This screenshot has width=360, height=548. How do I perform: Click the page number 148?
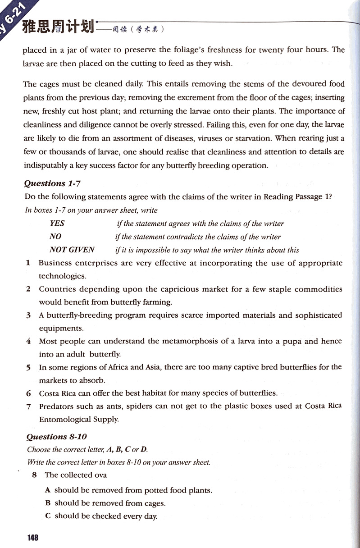point(32,537)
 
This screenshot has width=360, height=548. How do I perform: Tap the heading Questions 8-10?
point(56,436)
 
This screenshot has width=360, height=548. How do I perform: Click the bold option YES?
point(57,224)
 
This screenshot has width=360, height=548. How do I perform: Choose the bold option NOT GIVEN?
point(72,250)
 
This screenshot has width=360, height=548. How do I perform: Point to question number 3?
point(28,315)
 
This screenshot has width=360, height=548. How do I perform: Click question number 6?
point(28,393)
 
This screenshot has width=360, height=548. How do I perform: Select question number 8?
point(34,475)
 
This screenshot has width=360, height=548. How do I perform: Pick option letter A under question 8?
point(47,490)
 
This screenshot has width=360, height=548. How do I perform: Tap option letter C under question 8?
point(48,516)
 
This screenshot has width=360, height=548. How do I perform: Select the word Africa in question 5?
point(108,367)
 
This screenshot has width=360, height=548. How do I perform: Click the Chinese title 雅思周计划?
point(58,28)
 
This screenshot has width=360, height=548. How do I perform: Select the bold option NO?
point(55,237)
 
